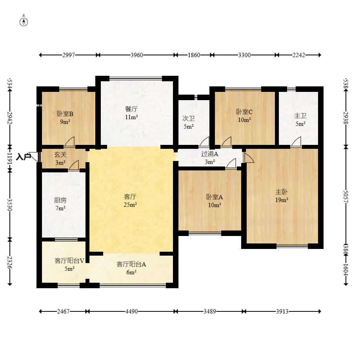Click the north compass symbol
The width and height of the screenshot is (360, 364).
click(24, 21)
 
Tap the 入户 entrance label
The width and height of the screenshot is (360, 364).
click(24, 157)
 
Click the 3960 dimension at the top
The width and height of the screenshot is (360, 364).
click(137, 55)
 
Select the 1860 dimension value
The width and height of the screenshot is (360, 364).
click(194, 55)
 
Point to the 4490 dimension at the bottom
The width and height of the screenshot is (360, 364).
click(131, 311)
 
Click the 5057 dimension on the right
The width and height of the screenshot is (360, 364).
click(345, 196)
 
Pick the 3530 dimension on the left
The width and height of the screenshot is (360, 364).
click(9, 205)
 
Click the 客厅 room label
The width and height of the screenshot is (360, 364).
click(130, 197)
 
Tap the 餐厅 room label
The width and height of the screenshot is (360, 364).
click(131, 109)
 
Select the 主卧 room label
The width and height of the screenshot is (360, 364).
click(282, 192)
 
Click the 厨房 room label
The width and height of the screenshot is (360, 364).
click(60, 200)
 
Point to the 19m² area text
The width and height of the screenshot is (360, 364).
click(282, 200)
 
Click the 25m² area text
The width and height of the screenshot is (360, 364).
click(130, 205)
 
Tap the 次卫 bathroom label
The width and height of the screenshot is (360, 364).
click(189, 119)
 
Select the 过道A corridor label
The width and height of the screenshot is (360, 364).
click(209, 154)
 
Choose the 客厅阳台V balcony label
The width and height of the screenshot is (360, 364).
click(69, 261)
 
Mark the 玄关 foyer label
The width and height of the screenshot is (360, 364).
click(60, 155)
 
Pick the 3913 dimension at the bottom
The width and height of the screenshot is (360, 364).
click(282, 311)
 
